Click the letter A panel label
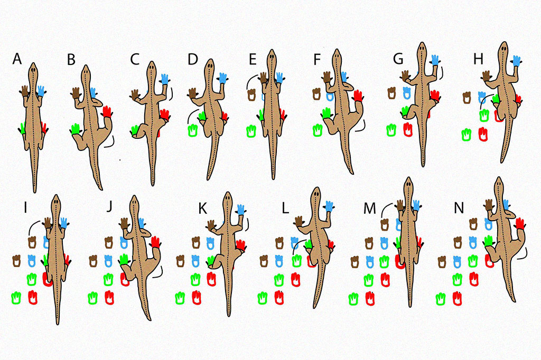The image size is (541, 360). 17,59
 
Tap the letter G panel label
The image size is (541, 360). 398,59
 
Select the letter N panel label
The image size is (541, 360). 459,207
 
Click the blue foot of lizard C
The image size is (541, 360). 164,79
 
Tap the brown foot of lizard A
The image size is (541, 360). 25,90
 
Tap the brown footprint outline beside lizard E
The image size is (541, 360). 253,95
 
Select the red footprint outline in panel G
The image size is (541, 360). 407,129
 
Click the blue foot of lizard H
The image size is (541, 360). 516,61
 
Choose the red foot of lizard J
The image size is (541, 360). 156,242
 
